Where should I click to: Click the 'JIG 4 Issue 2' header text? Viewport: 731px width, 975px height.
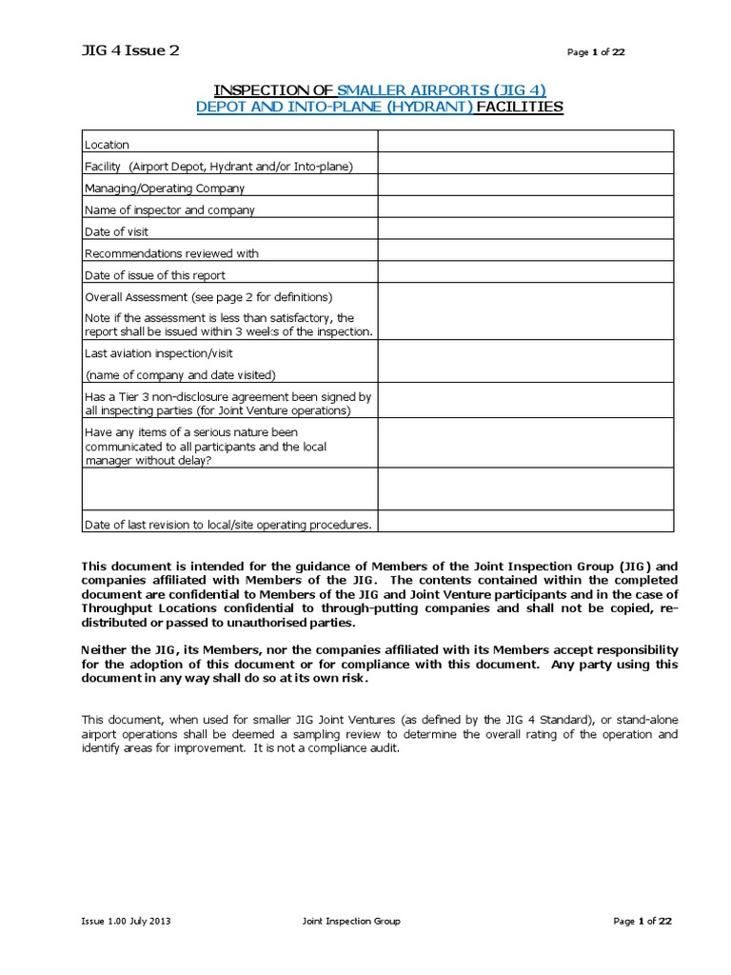[130, 51]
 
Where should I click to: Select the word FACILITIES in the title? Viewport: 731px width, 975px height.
[519, 107]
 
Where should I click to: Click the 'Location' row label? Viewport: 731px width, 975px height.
[107, 145]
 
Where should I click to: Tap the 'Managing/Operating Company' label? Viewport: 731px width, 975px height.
[165, 189]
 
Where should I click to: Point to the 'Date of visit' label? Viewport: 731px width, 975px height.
[116, 231]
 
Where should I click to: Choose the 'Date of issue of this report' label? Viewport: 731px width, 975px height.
[155, 275]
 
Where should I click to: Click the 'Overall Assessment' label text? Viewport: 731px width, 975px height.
[208, 297]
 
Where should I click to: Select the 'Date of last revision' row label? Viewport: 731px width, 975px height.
[228, 524]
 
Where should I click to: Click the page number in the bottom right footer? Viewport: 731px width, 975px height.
[642, 921]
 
